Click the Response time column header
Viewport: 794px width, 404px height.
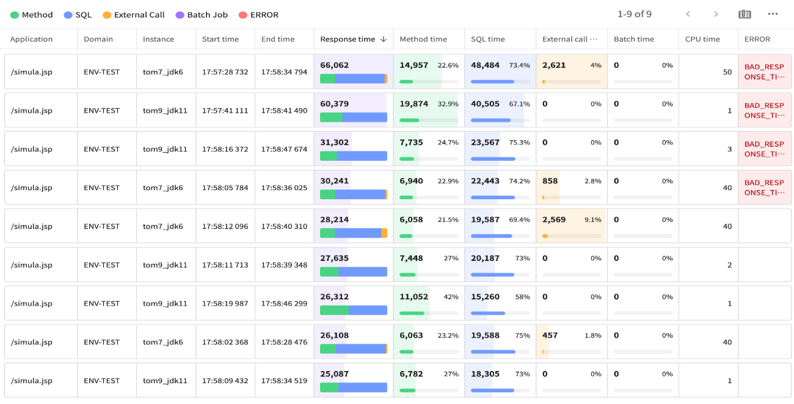347,39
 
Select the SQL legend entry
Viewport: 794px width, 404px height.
83,15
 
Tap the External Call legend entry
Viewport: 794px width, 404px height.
139,15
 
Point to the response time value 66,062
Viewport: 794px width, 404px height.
334,65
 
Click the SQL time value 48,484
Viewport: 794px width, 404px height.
485,65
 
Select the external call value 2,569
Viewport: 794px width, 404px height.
554,220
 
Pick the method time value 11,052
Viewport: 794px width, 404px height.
413,297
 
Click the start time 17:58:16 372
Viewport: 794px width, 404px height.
225,149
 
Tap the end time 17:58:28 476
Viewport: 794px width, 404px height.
284,342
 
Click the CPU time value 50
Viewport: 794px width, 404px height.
727,72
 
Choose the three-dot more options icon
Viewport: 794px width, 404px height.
773,14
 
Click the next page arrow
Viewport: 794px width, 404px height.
716,14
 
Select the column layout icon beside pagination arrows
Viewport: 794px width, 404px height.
745,14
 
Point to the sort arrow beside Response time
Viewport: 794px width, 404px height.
384,39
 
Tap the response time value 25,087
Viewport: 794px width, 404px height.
334,374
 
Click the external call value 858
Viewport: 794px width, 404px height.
550,182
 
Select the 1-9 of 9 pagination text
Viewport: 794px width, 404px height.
634,14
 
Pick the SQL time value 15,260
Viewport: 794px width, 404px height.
485,297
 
